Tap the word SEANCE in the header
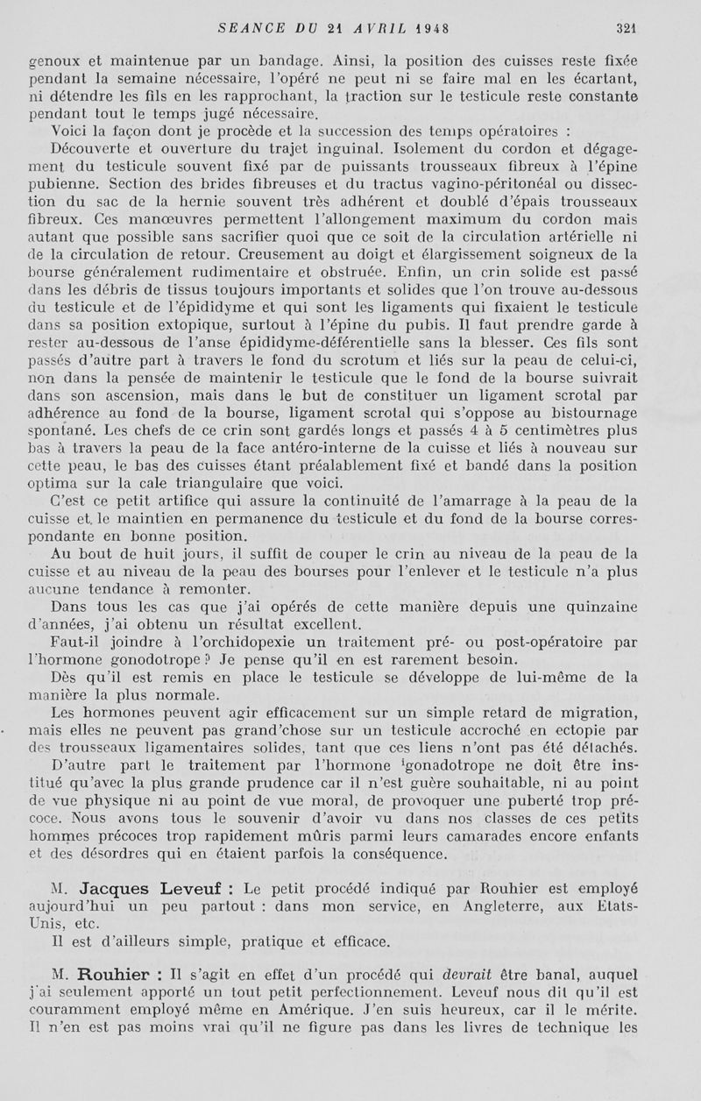[250, 28]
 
